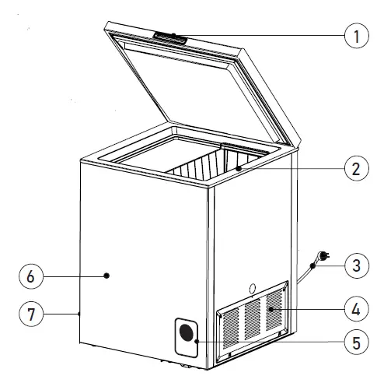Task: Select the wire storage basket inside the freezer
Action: (x=204, y=167)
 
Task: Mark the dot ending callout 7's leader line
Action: (x=80, y=314)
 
